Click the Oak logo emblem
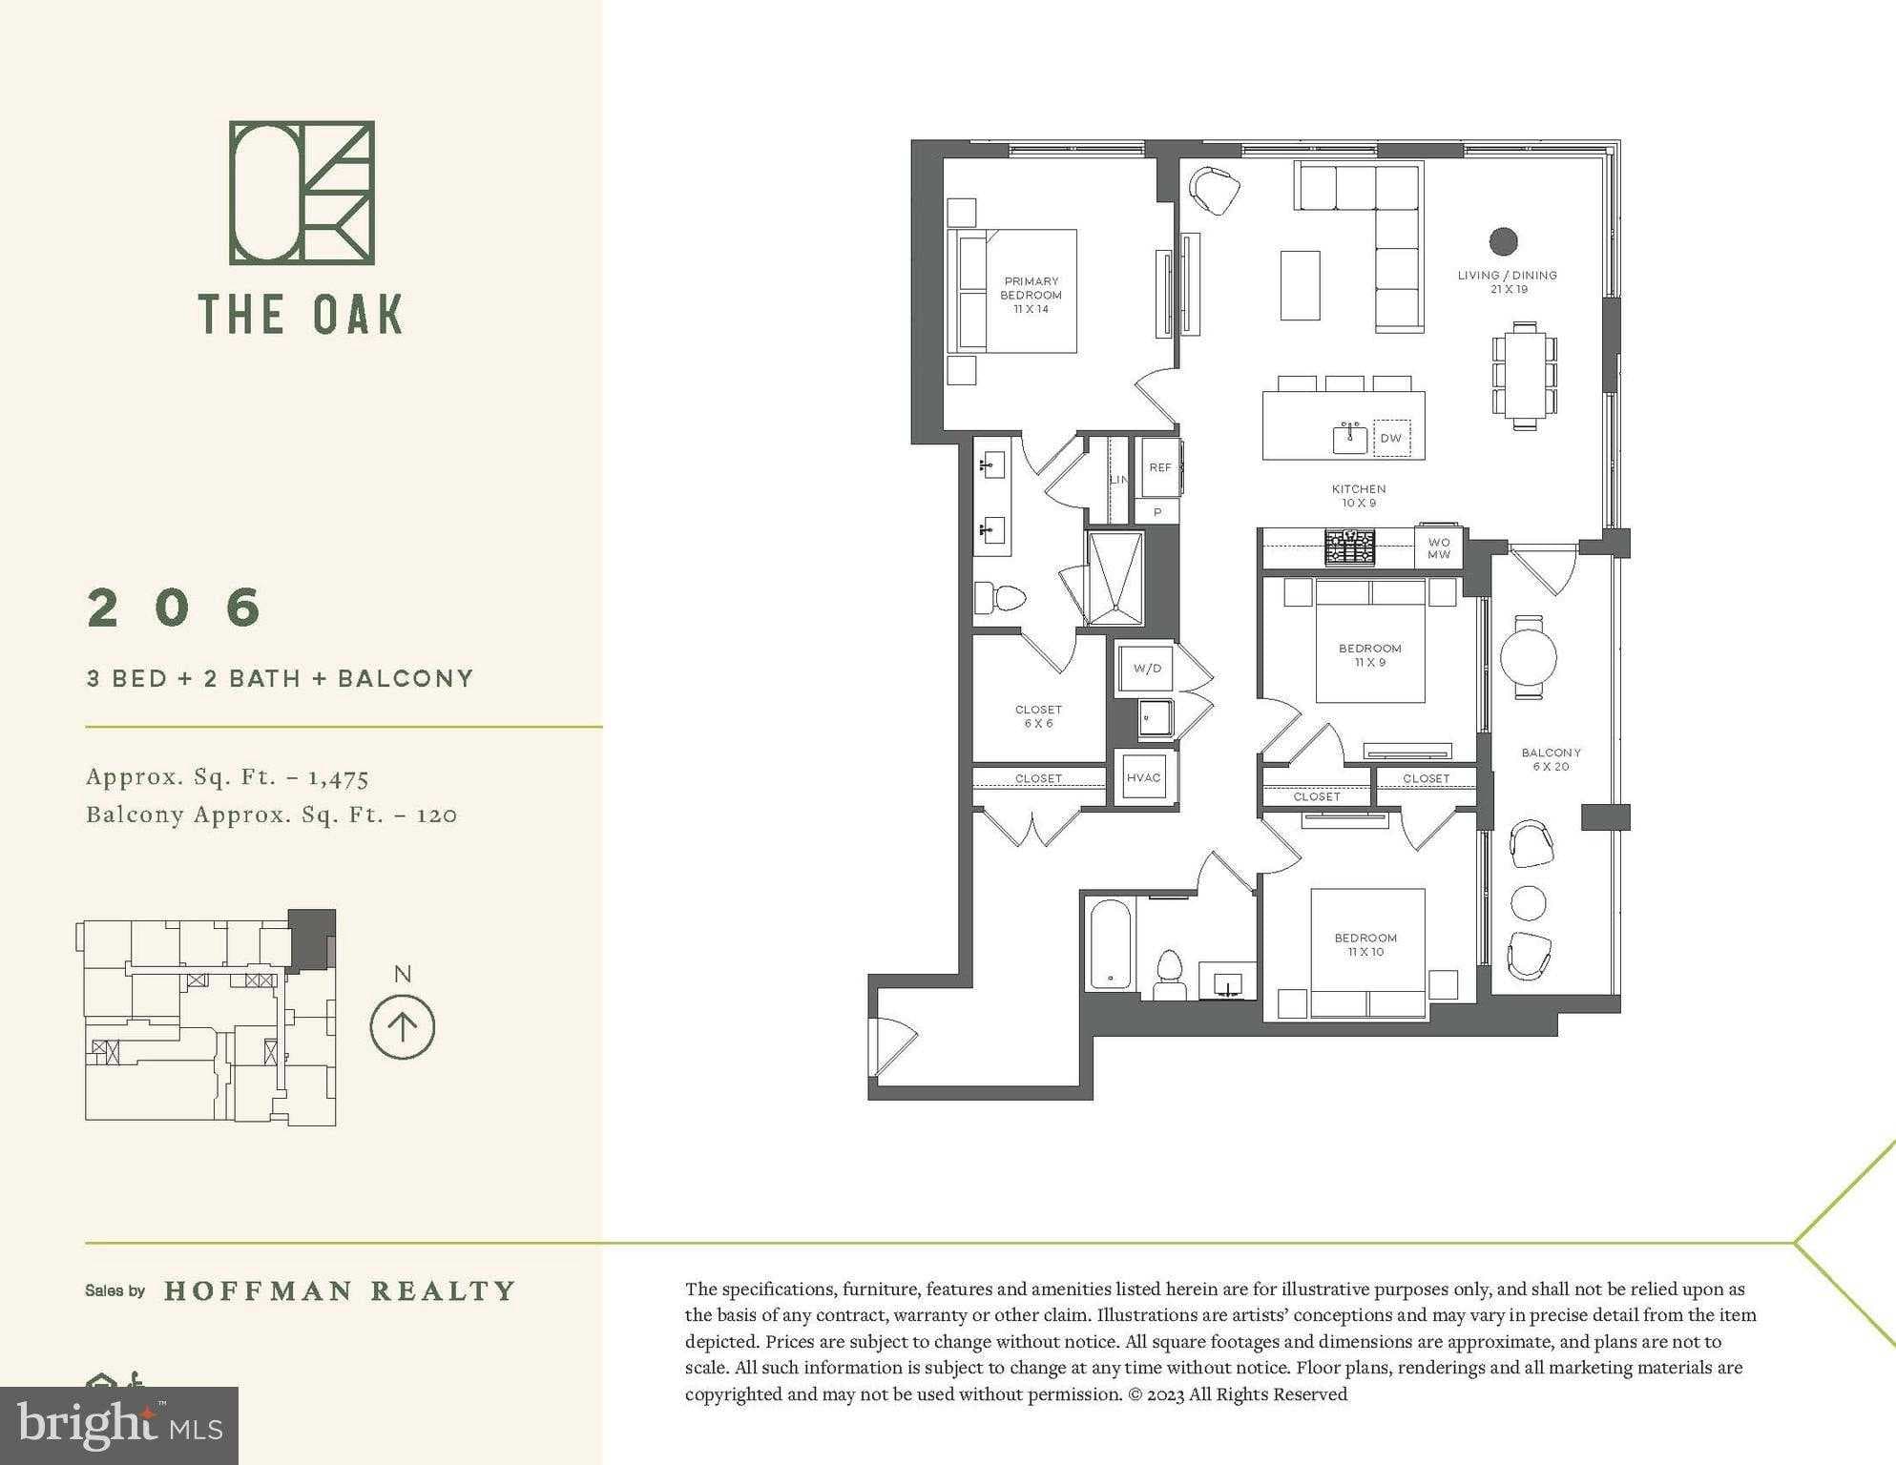302,193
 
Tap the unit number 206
175,608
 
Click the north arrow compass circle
403,1026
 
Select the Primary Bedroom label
1031,295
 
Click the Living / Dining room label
1508,281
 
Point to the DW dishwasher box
1391,438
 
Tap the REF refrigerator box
1159,467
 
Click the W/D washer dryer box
1147,668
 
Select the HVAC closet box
1143,777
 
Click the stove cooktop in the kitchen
1350,547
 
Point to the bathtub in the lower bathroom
1109,944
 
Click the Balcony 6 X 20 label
1551,759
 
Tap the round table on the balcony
1529,656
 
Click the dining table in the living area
1525,376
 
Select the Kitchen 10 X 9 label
1359,496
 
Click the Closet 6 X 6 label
1038,716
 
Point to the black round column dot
1504,241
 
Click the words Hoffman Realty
340,1291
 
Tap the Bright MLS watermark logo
119,1425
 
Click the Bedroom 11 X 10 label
1365,944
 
